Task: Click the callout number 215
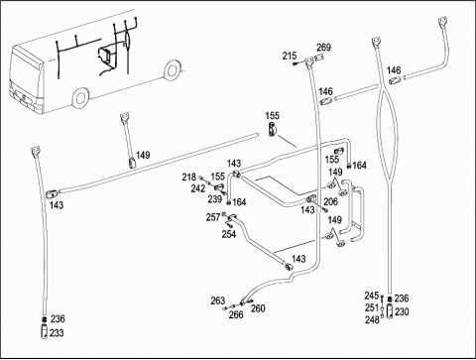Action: click(x=290, y=56)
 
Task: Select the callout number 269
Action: click(x=324, y=48)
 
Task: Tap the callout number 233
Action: click(x=57, y=333)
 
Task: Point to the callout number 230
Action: click(x=402, y=311)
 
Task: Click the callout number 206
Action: click(x=330, y=201)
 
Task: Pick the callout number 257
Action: click(x=213, y=217)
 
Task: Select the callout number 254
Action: click(x=229, y=234)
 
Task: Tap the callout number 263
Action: click(x=218, y=300)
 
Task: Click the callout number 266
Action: click(x=236, y=314)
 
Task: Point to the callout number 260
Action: click(x=258, y=308)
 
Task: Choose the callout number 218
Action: click(x=188, y=178)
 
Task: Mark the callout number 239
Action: click(x=215, y=199)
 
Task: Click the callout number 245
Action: click(x=372, y=296)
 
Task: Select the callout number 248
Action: click(x=372, y=319)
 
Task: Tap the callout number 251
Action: click(x=372, y=307)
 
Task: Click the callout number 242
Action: click(x=198, y=188)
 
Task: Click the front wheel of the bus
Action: click(x=80, y=97)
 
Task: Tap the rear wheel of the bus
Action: click(x=172, y=70)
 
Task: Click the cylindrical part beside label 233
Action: click(x=44, y=332)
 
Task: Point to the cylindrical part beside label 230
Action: click(x=390, y=311)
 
